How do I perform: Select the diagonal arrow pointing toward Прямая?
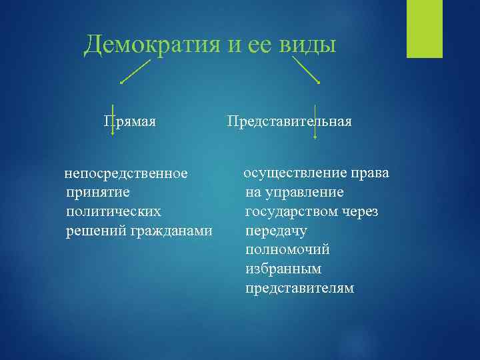point(136,71)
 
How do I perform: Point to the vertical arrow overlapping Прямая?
point(112,120)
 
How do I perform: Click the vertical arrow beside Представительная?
point(315,121)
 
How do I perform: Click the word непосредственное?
point(125,175)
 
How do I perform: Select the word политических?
point(113,211)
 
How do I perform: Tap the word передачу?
point(276,231)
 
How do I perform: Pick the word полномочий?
point(287,250)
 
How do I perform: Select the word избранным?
point(283,269)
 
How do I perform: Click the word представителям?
point(299,289)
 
